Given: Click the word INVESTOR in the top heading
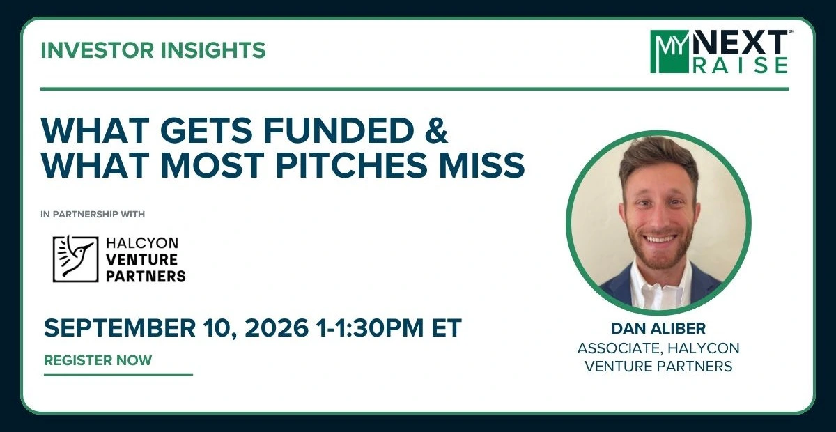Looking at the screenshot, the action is click(97, 50).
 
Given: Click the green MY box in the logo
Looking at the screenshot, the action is click(669, 52).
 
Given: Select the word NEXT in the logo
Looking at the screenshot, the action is click(738, 43).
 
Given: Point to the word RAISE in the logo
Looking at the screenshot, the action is click(741, 65).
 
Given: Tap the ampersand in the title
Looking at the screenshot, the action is click(436, 131).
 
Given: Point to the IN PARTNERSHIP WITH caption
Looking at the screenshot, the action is click(93, 215).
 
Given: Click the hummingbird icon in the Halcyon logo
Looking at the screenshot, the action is click(75, 259).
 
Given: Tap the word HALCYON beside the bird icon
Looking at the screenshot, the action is click(142, 243).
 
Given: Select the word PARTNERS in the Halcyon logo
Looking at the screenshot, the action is click(146, 277).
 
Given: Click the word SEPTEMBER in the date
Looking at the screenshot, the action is click(119, 327).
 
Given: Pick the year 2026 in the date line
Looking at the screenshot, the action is click(277, 327).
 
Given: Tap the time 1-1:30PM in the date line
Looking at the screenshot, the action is click(369, 327).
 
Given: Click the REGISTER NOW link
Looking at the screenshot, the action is click(98, 360).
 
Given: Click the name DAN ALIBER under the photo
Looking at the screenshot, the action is click(658, 329).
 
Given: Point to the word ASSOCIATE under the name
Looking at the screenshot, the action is click(619, 348).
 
